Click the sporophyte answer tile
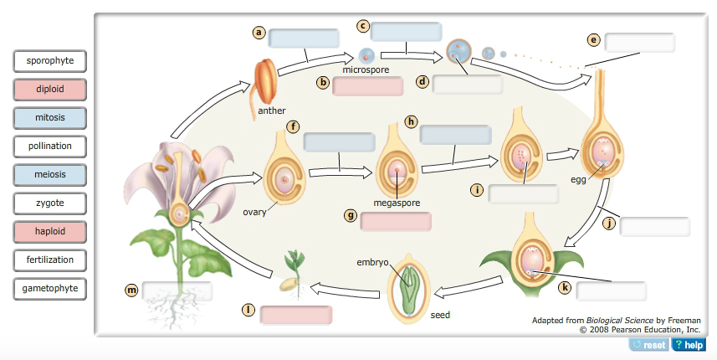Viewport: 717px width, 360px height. pyautogui.click(x=50, y=61)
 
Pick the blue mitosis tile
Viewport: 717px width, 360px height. pyautogui.click(x=50, y=118)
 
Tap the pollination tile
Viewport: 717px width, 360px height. pyautogui.click(x=50, y=147)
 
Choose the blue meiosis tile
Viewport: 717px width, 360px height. pyautogui.click(x=50, y=175)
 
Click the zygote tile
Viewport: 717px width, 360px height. pyautogui.click(x=50, y=203)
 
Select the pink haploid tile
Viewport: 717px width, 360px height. pyautogui.click(x=50, y=232)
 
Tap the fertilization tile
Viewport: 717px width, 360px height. pyautogui.click(x=50, y=260)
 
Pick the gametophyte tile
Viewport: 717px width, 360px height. pyautogui.click(x=50, y=289)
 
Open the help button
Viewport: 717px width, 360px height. pyautogui.click(x=689, y=345)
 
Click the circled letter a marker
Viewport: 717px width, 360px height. pyautogui.click(x=259, y=33)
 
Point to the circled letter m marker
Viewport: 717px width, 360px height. pyautogui.click(x=131, y=290)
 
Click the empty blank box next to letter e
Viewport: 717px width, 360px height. pyautogui.click(x=639, y=43)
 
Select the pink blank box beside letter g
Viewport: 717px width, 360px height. pyautogui.click(x=396, y=222)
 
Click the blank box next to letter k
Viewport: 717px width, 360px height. pyautogui.click(x=612, y=291)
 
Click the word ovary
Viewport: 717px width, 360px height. pyautogui.click(x=254, y=212)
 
